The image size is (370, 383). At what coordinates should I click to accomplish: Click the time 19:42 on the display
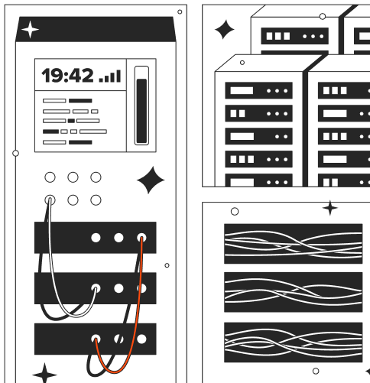tap(67, 76)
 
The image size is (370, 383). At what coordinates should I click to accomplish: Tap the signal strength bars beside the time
tap(110, 76)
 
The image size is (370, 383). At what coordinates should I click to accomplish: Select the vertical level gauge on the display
tap(141, 105)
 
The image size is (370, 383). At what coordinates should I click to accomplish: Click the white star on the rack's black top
tap(30, 30)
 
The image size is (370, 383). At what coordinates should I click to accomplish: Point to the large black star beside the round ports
tap(151, 180)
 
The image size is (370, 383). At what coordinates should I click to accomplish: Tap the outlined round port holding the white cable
tap(50, 200)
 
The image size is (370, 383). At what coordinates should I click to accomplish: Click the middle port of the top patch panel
tap(118, 238)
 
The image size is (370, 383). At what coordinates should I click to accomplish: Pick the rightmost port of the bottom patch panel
tap(141, 339)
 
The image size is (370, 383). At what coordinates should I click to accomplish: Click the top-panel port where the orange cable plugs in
tap(141, 238)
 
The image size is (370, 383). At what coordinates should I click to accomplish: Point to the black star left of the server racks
tap(224, 30)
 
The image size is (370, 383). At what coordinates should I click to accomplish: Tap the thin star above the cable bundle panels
tap(330, 208)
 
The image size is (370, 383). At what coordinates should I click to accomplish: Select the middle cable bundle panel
tap(294, 292)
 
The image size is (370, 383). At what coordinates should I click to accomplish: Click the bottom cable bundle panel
tap(294, 342)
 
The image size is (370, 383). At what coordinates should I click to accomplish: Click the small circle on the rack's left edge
tap(15, 153)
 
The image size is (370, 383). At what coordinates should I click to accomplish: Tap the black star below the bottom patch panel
tap(45, 374)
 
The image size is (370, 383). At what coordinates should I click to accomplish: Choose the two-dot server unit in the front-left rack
tap(258, 136)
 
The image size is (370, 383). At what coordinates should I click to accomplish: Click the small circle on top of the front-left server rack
tap(242, 63)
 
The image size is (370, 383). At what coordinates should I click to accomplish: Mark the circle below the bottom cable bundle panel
tap(316, 371)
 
